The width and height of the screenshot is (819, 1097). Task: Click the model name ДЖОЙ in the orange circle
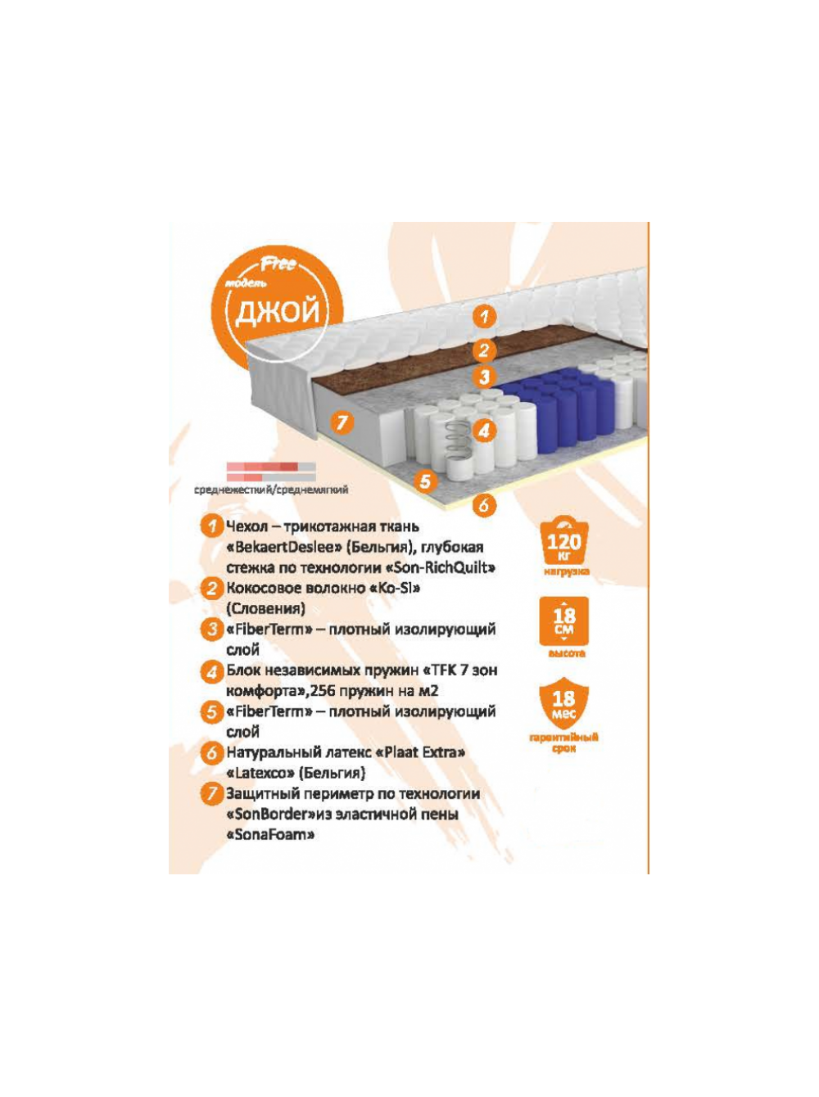pos(277,311)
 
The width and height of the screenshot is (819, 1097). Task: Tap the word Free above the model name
pos(278,264)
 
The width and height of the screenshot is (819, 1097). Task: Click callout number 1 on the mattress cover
pos(483,317)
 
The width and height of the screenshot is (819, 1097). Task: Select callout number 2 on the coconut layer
pos(483,350)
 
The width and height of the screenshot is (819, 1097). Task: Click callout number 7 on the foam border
pos(342,422)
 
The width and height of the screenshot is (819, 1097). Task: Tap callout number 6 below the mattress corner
pos(483,505)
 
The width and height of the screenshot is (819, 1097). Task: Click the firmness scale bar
pos(271,472)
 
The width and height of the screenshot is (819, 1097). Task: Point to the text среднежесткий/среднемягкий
pos(271,490)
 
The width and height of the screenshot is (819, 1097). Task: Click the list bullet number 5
pos(212,711)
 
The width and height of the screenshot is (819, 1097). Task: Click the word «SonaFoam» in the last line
pos(270,835)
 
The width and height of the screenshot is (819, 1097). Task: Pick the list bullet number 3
pos(212,630)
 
